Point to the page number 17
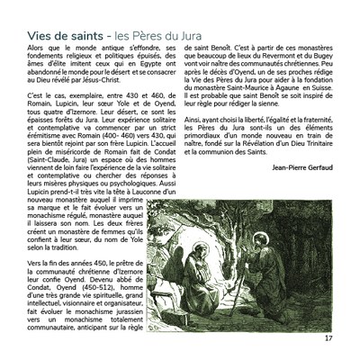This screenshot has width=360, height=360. click(328, 339)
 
